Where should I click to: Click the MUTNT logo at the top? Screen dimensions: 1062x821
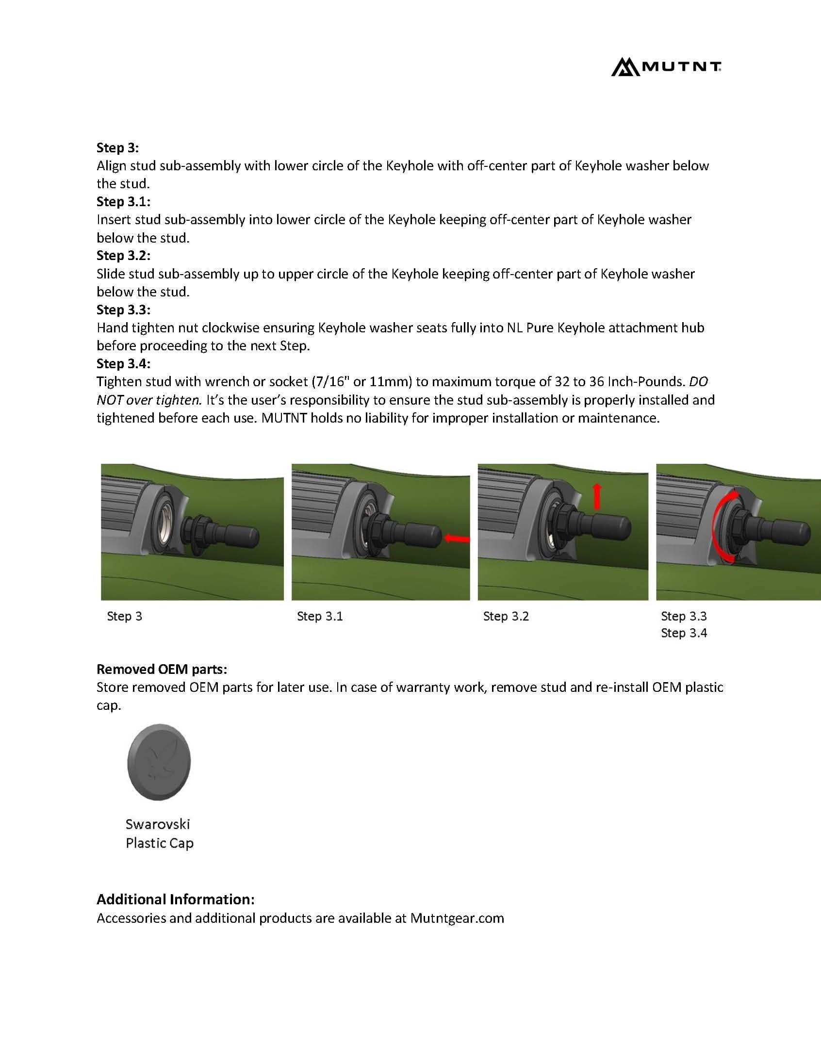pos(666,66)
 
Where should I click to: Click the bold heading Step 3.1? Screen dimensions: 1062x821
pos(123,201)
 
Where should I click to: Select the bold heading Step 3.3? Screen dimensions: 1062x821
pos(123,309)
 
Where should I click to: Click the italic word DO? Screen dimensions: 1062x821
pos(698,382)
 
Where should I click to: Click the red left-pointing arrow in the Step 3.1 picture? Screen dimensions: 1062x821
pos(456,539)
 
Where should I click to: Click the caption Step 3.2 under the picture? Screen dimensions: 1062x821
pos(506,616)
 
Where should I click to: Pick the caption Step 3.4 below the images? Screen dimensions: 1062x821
pos(683,633)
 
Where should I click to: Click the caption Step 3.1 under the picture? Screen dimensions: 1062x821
pos(320,616)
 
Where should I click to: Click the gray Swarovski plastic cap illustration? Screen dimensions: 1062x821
pos(159,762)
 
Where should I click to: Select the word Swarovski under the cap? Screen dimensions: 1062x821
pos(158,824)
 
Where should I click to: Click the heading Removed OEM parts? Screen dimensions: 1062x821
pos(162,669)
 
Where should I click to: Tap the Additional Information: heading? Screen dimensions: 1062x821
pos(175,899)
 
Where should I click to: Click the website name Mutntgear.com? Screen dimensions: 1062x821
pos(457,918)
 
